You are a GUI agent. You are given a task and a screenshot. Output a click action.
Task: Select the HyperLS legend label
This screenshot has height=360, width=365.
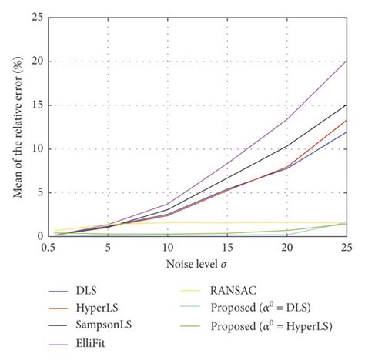click(97, 308)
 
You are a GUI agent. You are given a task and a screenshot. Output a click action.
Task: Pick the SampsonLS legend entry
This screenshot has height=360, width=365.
click(102, 327)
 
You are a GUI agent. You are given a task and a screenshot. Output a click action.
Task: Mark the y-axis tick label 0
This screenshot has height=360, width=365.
click(36, 237)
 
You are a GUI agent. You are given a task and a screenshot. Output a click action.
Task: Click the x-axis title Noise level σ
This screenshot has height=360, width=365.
click(197, 264)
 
